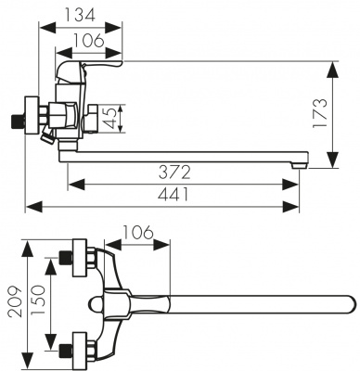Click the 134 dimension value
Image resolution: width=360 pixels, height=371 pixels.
click(80, 15)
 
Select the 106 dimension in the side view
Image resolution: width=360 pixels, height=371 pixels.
click(89, 40)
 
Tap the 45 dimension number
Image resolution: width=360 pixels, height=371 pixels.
click(111, 119)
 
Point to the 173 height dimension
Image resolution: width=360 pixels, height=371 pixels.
click(320, 112)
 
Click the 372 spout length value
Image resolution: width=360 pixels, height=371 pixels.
click(174, 173)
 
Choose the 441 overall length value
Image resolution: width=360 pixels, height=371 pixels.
click(174, 195)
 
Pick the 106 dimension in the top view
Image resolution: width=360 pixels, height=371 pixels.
click(138, 232)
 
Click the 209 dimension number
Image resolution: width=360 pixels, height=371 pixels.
click(15, 301)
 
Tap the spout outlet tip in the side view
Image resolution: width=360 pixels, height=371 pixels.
click(300, 166)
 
